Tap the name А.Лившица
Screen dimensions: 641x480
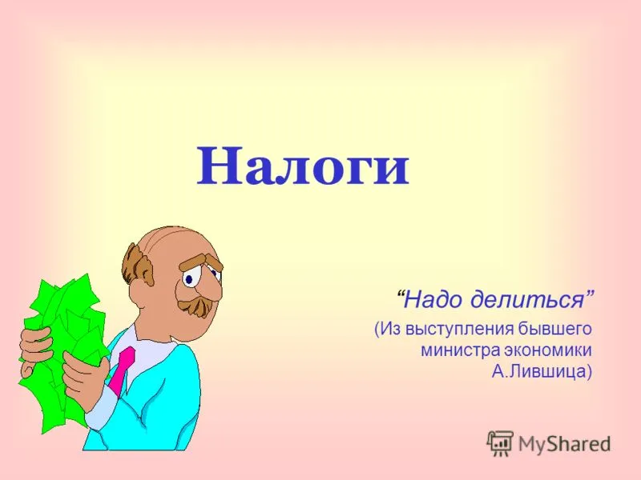tap(538, 371)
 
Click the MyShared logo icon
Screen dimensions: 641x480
tap(499, 443)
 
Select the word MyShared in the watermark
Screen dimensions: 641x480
tap(565, 444)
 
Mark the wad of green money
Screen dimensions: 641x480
tap(62, 352)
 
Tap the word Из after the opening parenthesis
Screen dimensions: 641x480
tap(389, 329)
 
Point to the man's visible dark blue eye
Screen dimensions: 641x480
tap(189, 279)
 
